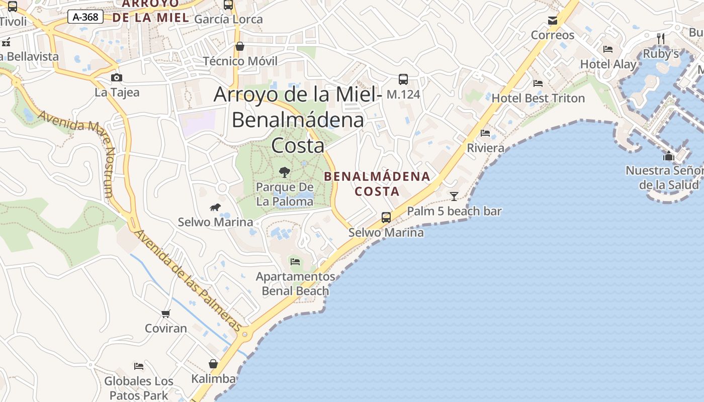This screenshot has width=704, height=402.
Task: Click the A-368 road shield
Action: click(x=85, y=17)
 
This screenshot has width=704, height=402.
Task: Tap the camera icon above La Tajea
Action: click(x=117, y=77)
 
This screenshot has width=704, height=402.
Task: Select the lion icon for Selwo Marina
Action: click(x=215, y=207)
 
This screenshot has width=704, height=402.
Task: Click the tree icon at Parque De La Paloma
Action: click(x=285, y=172)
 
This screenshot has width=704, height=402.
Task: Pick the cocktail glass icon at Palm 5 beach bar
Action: click(x=454, y=196)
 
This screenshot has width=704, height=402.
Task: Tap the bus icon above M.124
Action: click(x=403, y=79)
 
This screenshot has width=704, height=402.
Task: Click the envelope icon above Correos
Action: click(x=553, y=21)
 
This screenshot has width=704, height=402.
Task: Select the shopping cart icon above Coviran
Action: click(x=166, y=314)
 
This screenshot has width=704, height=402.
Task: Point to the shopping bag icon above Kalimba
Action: click(x=213, y=364)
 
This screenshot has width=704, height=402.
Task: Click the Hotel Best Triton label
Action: click(x=538, y=98)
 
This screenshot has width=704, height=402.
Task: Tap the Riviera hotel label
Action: click(x=485, y=148)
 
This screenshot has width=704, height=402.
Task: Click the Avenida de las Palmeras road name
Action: click(x=189, y=281)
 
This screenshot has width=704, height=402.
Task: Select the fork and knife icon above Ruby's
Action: click(x=661, y=38)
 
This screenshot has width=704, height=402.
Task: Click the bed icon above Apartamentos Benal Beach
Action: click(x=295, y=261)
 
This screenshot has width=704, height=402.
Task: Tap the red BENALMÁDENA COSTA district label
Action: click(x=377, y=183)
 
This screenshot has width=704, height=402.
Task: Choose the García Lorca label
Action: click(x=228, y=19)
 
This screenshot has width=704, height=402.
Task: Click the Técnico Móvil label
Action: click(x=240, y=61)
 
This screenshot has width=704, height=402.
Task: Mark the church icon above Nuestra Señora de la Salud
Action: click(x=668, y=156)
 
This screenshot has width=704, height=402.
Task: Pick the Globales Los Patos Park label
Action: click(x=139, y=388)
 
